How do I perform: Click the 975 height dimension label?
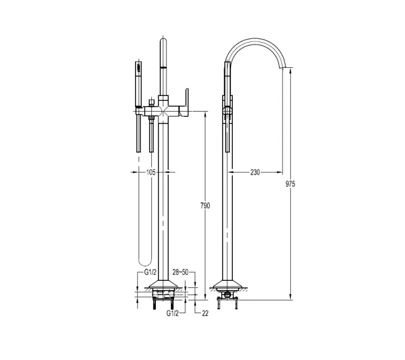point(290,184)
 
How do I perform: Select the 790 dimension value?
point(205,206)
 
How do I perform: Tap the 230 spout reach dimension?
point(255,172)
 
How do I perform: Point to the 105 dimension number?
point(151,172)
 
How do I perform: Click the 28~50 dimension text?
point(180,272)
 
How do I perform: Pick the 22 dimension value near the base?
point(205,313)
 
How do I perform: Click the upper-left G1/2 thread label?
point(151,272)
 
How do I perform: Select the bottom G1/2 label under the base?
point(173,313)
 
